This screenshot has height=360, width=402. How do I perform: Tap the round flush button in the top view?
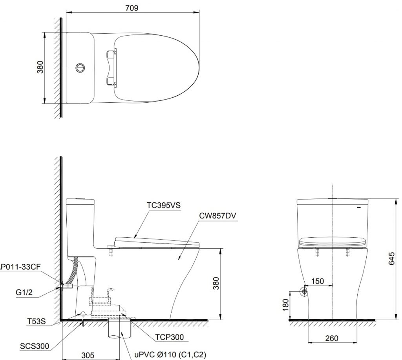[x=80, y=67]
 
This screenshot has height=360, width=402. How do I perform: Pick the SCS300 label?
[x=34, y=346]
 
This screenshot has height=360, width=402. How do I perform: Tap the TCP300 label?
[x=169, y=336]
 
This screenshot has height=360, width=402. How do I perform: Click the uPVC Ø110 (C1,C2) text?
[x=170, y=354]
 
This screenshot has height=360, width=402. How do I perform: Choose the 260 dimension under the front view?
[x=332, y=338]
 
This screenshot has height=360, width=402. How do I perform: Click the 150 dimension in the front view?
[x=318, y=281]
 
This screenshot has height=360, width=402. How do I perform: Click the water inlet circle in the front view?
[x=304, y=292]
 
